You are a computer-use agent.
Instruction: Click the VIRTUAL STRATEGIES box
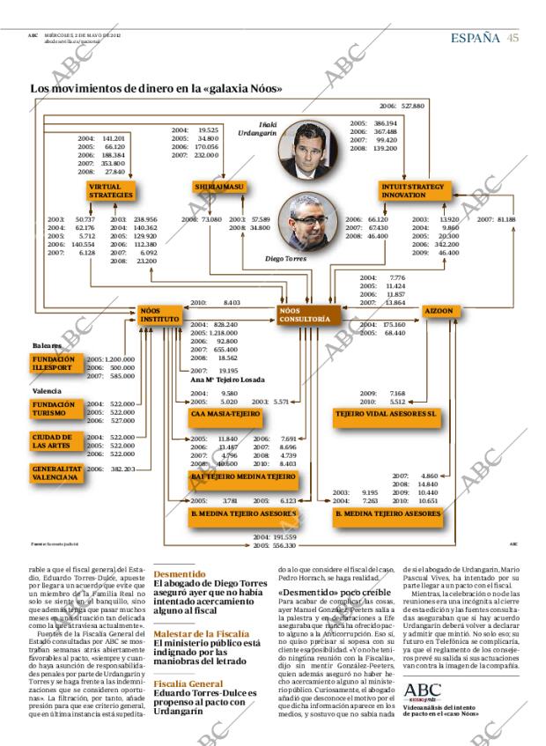[111, 191]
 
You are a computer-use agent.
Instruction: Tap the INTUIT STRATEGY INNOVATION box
[414, 191]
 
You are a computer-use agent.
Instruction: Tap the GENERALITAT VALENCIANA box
[56, 473]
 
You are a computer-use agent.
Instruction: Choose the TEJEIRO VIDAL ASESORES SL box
[386, 412]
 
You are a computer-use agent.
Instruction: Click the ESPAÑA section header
[476, 38]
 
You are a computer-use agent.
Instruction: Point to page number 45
[513, 38]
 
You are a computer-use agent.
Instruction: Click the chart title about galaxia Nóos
[157, 88]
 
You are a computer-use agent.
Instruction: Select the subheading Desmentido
[179, 572]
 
